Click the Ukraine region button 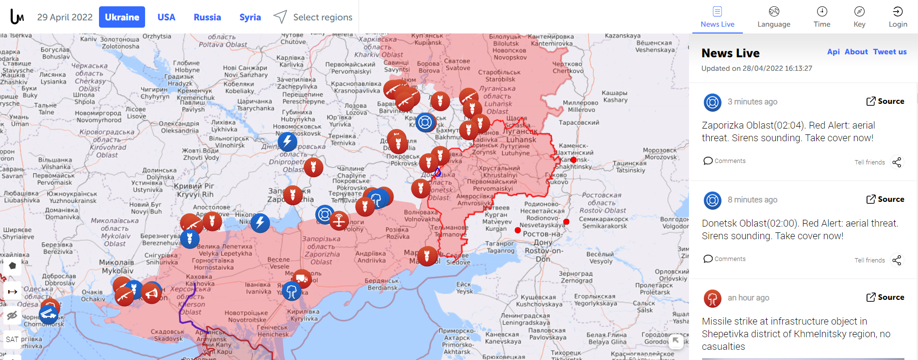tap(122, 17)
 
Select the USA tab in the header tap(166, 17)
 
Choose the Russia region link tap(207, 17)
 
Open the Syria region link tap(250, 17)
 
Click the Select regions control tap(313, 17)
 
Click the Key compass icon tap(859, 12)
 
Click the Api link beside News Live tap(833, 52)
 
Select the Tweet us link tap(889, 52)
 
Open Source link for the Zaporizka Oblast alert tap(885, 101)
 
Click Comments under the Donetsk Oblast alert tap(724, 259)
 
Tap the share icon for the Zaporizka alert tap(897, 162)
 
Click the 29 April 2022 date tap(65, 17)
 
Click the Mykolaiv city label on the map tap(117, 270)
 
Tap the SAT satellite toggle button tap(12, 339)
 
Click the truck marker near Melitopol tap(302, 278)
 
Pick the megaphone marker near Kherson tap(152, 294)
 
